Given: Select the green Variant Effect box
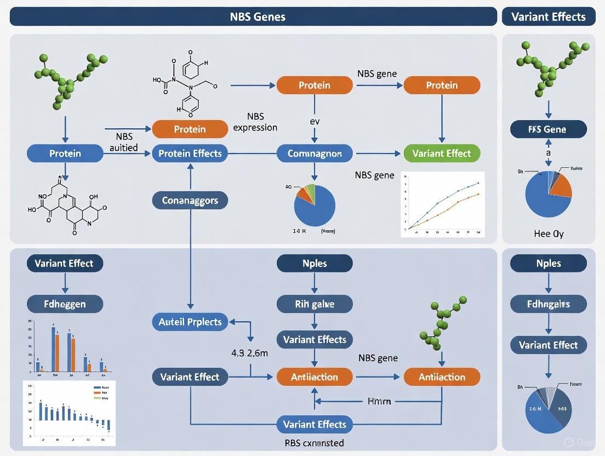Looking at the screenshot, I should click(442, 153).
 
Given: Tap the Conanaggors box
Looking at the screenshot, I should click(190, 201).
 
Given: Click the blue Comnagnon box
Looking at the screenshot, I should click(315, 153).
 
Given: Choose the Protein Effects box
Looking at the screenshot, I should click(190, 153).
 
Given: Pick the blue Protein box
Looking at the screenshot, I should click(65, 153).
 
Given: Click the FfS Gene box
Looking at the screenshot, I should click(548, 129).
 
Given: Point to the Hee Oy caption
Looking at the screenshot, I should click(548, 233).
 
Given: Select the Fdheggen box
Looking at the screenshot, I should click(65, 304).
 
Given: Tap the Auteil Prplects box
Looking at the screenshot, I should click(190, 322).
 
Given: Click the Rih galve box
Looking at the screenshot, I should click(315, 304).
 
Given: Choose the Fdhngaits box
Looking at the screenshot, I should click(548, 304).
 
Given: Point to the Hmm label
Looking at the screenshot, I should click(379, 401).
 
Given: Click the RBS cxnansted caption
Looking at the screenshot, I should click(315, 443).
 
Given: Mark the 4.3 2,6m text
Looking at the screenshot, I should click(250, 354).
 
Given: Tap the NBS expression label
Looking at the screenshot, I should click(255, 122).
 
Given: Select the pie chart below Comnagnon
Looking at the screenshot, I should click(315, 205).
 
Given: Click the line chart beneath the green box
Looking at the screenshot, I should click(443, 204).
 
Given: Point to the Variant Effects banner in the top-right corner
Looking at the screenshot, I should click(548, 16).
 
